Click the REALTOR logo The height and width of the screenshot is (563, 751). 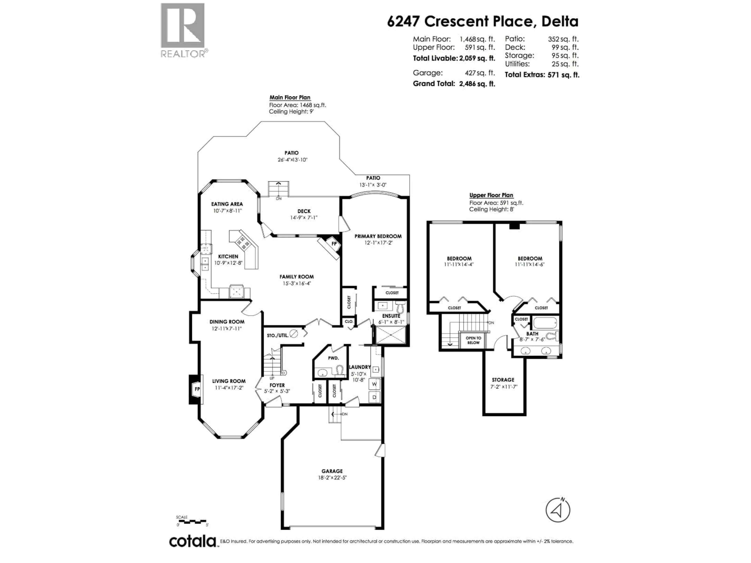(183, 30)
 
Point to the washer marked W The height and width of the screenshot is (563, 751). (375, 384)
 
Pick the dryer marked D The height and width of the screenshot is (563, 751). (375, 397)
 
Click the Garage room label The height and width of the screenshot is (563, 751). (332, 471)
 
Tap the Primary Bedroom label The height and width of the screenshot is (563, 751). (378, 236)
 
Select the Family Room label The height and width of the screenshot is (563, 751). (296, 277)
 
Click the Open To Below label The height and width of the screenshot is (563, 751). (473, 340)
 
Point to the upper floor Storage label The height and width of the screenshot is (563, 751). (503, 380)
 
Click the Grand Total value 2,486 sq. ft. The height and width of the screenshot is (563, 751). (477, 84)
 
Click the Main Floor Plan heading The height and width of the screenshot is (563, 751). (290, 97)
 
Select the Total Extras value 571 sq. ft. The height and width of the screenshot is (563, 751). (563, 75)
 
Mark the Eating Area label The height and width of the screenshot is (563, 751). (227, 204)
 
